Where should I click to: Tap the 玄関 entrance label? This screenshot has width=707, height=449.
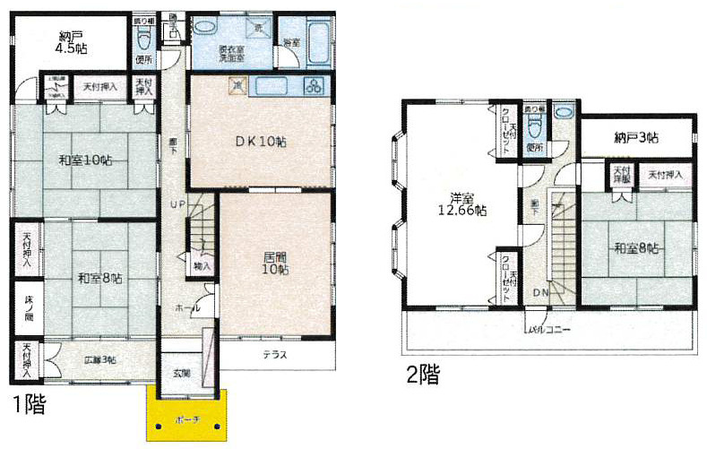[180, 373]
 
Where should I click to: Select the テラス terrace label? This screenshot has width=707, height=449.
[274, 355]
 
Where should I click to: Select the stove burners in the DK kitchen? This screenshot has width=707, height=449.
[314, 87]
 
